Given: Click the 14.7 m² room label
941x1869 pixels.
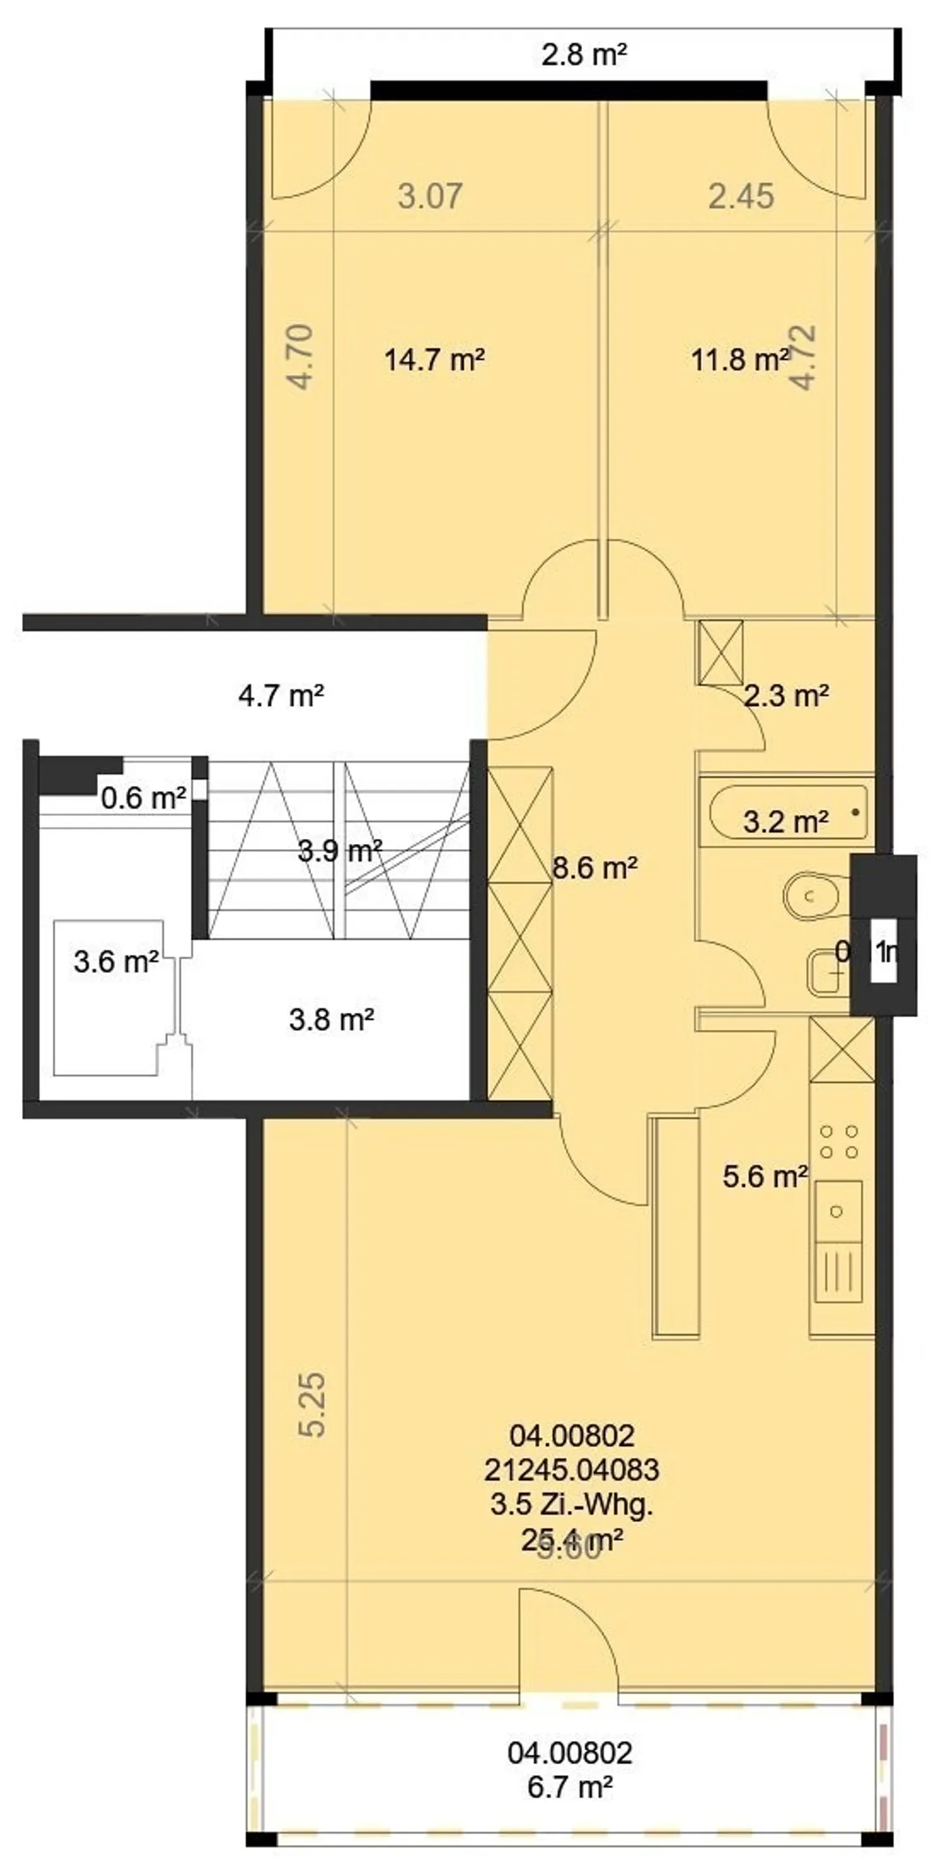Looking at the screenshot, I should pyautogui.click(x=434, y=359).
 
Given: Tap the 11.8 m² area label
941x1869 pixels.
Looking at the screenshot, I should pyautogui.click(x=738, y=359).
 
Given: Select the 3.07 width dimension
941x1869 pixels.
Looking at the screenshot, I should pyautogui.click(x=430, y=196).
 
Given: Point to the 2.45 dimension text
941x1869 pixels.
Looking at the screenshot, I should pyautogui.click(x=741, y=196).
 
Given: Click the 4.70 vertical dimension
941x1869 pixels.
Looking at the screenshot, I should pyautogui.click(x=301, y=356).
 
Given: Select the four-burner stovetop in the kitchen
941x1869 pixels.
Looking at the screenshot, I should pyautogui.click(x=838, y=1141).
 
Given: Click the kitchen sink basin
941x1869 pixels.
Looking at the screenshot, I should pyautogui.click(x=838, y=1211).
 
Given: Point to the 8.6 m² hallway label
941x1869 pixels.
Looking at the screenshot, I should pyautogui.click(x=595, y=867).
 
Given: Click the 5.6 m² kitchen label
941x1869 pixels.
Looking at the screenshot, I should pyautogui.click(x=765, y=1176).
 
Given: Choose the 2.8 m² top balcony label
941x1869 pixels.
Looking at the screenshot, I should pyautogui.click(x=584, y=54).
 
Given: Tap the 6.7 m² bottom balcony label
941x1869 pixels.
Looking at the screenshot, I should pyautogui.click(x=570, y=1787).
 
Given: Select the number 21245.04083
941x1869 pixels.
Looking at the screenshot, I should pyautogui.click(x=572, y=1470).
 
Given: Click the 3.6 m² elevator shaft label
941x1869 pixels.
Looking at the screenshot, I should pyautogui.click(x=116, y=962).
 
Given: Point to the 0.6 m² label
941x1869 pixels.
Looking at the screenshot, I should pyautogui.click(x=143, y=798).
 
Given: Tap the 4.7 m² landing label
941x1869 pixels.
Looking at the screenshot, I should pyautogui.click(x=281, y=696).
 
